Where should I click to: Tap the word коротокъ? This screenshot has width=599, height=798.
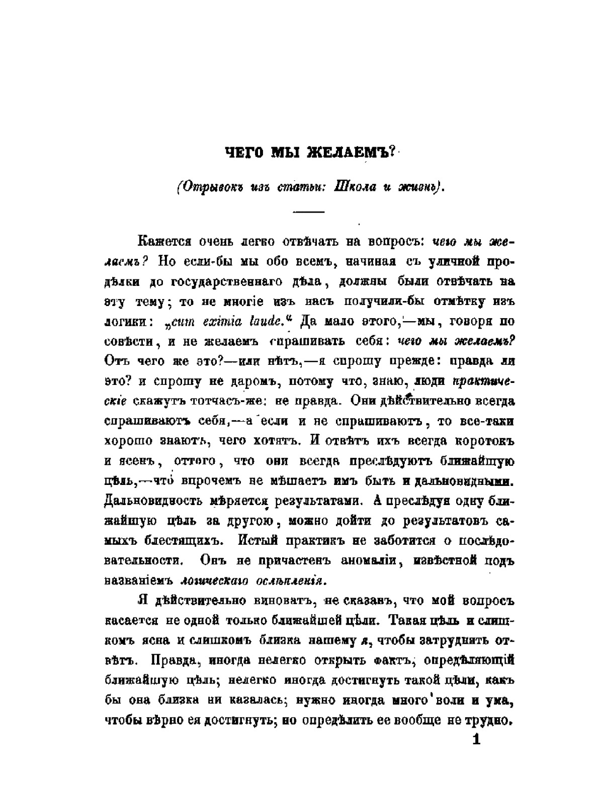point(484,441)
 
